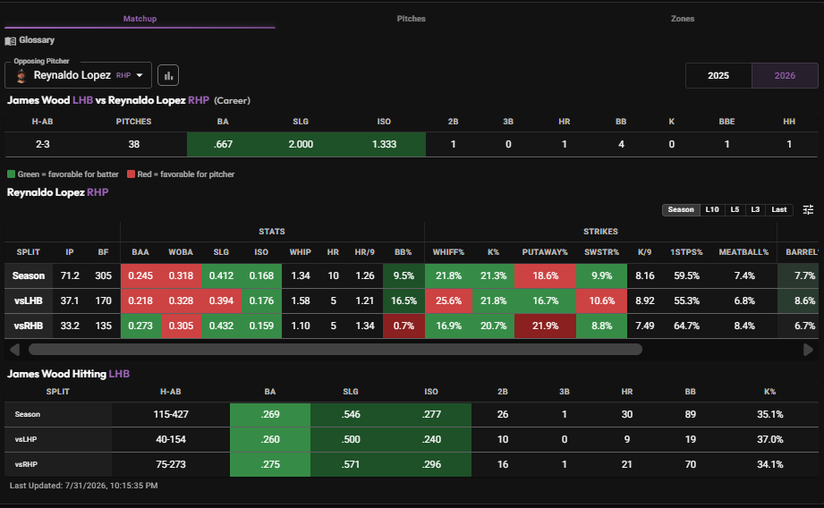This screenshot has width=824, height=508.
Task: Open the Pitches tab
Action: pyautogui.click(x=411, y=19)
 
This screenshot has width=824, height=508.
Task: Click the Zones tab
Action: pyautogui.click(x=682, y=19)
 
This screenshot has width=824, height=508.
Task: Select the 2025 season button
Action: pyautogui.click(x=718, y=75)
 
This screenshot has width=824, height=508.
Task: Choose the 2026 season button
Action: pyautogui.click(x=785, y=75)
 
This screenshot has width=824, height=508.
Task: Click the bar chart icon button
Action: pyautogui.click(x=168, y=75)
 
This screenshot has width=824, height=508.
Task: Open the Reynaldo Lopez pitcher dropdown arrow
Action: pyautogui.click(x=140, y=75)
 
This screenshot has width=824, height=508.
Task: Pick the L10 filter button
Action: pyautogui.click(x=712, y=209)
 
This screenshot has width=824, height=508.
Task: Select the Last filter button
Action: pyautogui.click(x=778, y=209)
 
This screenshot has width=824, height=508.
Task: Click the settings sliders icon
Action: pyautogui.click(x=808, y=209)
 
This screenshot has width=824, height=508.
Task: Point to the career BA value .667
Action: pyautogui.click(x=223, y=144)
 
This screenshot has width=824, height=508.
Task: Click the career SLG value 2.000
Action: pyautogui.click(x=301, y=144)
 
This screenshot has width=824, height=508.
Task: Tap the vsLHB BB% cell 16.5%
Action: pyautogui.click(x=404, y=301)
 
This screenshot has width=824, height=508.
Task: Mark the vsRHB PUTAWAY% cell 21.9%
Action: pyautogui.click(x=545, y=326)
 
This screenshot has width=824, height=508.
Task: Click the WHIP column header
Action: pyautogui.click(x=300, y=252)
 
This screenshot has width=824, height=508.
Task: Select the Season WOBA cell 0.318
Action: pyautogui.click(x=181, y=275)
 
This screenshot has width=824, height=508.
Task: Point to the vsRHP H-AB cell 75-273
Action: pyautogui.click(x=171, y=464)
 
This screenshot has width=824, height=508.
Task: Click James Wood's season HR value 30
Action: pyautogui.click(x=627, y=414)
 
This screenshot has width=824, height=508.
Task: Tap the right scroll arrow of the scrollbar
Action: pyautogui.click(x=808, y=350)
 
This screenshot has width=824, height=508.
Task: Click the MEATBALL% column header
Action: pyautogui.click(x=743, y=252)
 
